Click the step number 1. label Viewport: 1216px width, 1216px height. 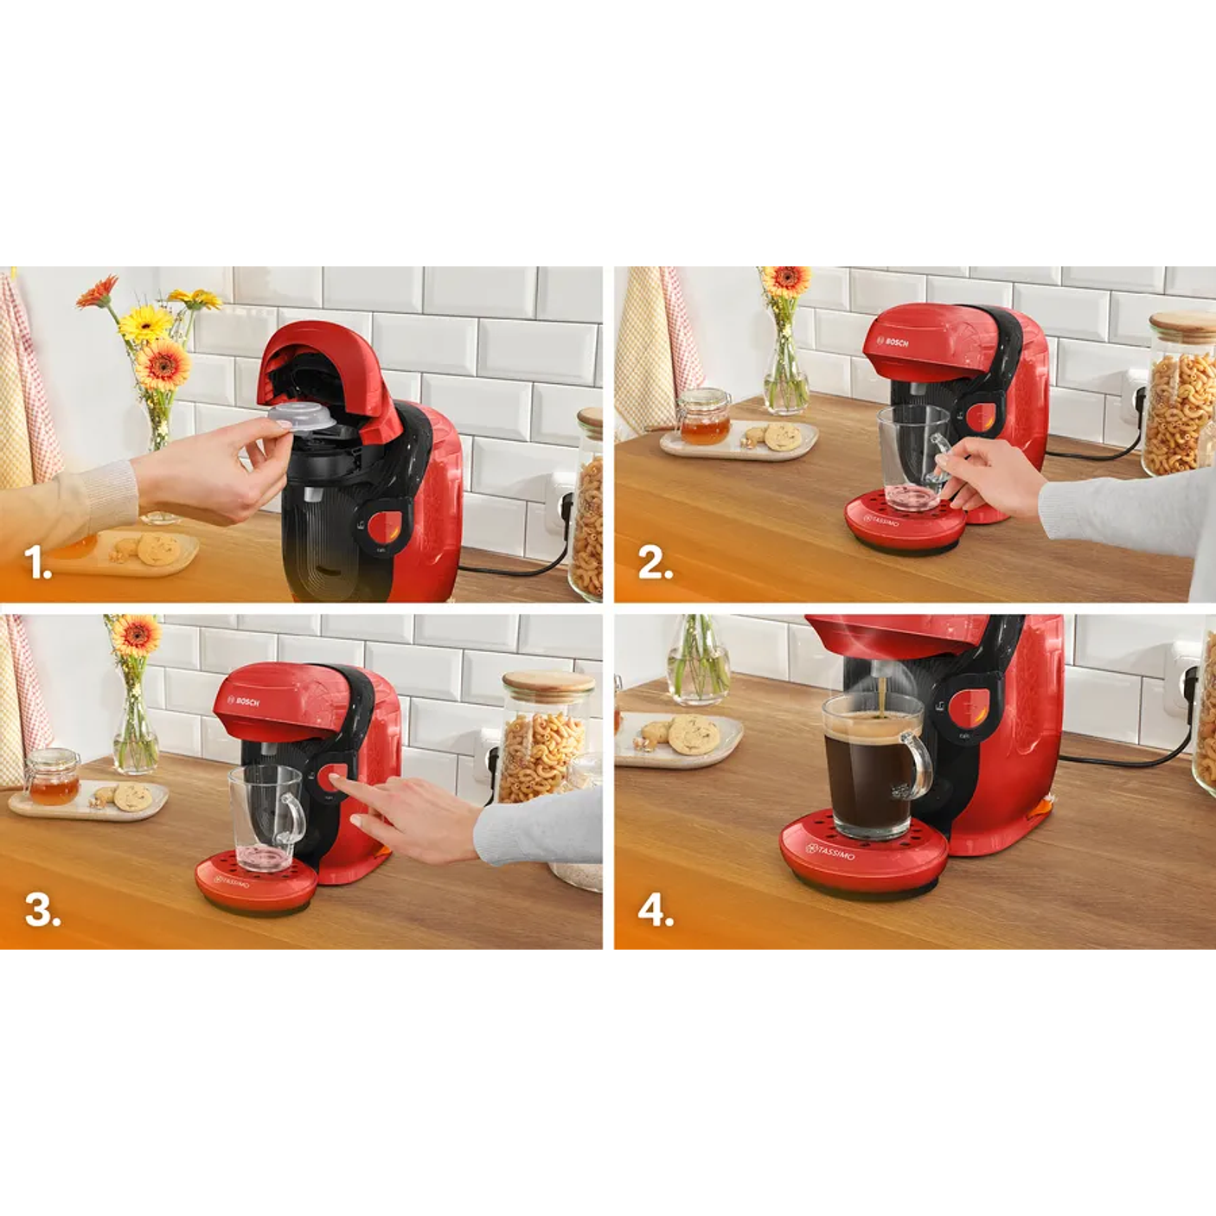click(38, 563)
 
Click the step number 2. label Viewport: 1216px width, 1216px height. click(655, 563)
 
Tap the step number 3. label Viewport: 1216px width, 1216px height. click(42, 910)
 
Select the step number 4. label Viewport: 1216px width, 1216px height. click(656, 911)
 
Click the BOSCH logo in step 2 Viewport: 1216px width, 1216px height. click(896, 342)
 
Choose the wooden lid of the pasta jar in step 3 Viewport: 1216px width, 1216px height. click(547, 682)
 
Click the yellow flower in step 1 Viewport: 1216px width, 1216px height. click(145, 323)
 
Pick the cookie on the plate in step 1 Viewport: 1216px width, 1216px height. click(158, 548)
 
